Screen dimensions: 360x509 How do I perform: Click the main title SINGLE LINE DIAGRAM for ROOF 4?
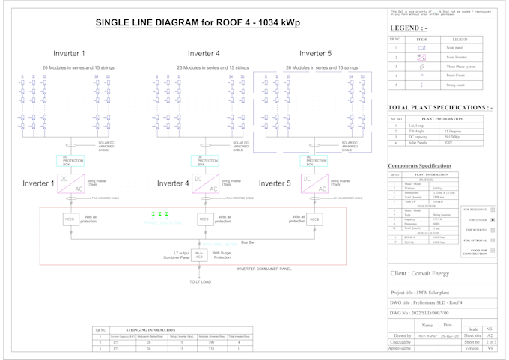198,23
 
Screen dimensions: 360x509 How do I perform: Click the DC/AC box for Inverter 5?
314,185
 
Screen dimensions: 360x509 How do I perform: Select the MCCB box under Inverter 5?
314,219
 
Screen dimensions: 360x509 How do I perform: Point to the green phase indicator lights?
158,215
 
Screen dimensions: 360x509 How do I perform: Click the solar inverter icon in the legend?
421,57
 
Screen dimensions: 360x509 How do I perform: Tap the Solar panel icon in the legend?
421,47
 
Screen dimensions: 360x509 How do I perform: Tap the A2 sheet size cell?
490,336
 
